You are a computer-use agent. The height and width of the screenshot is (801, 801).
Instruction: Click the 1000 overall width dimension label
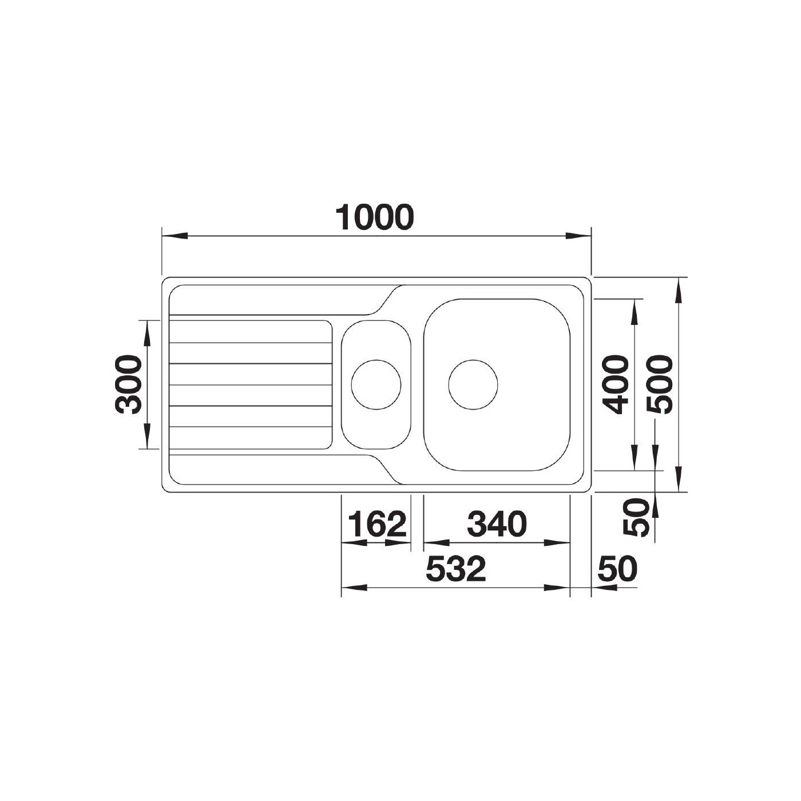pos(375,217)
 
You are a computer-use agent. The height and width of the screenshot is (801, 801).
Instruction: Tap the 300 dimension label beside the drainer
pos(128,384)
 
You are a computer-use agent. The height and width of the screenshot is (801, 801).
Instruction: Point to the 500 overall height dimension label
pos(659,384)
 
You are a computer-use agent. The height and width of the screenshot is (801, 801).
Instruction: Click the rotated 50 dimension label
pos(636,518)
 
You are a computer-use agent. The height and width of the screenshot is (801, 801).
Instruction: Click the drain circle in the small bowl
pos(376,384)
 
